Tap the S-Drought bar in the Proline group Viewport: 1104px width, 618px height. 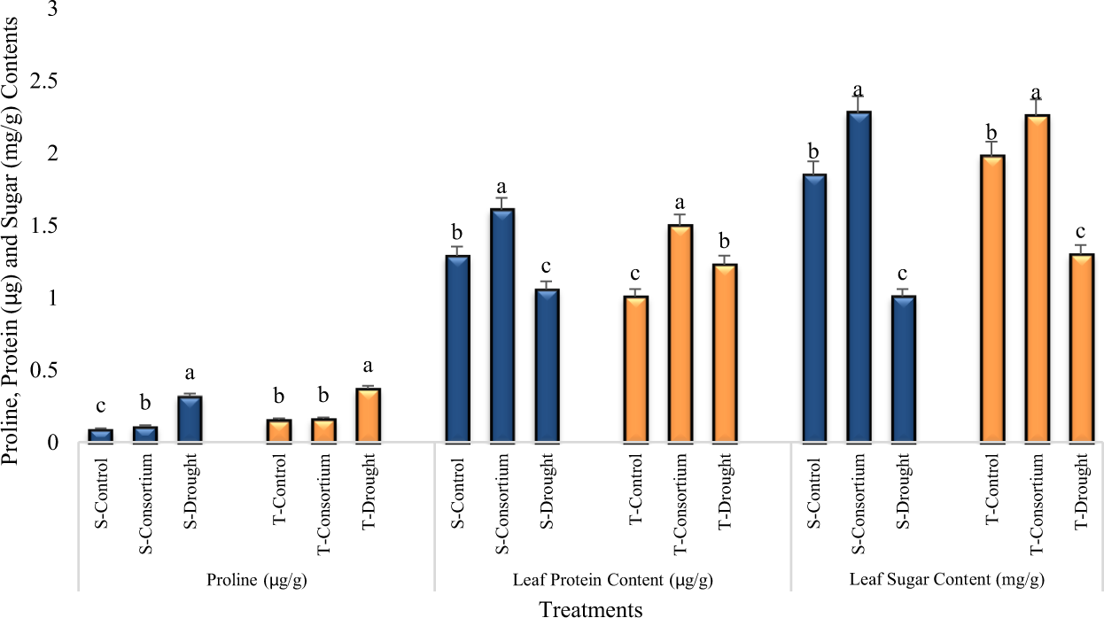coord(190,419)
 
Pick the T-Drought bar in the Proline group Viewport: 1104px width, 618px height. coord(368,415)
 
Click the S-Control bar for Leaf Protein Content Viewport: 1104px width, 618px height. coord(457,349)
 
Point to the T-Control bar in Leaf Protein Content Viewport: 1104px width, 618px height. coord(635,369)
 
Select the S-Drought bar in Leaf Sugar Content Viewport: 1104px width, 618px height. coord(904,369)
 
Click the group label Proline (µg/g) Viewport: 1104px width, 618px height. coord(256,580)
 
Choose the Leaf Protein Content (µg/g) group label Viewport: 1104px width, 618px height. coord(612,580)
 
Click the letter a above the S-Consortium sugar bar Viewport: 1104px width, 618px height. coord(858,90)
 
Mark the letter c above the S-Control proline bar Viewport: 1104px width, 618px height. coord(100,406)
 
